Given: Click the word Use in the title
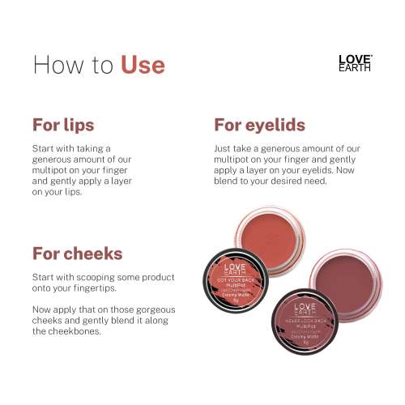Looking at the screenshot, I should click(143, 64).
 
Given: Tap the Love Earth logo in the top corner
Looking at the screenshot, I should click(355, 63).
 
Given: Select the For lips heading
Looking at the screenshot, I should click(63, 126).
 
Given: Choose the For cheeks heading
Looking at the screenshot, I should click(79, 253).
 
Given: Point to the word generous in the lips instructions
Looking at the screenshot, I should click(56, 161).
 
